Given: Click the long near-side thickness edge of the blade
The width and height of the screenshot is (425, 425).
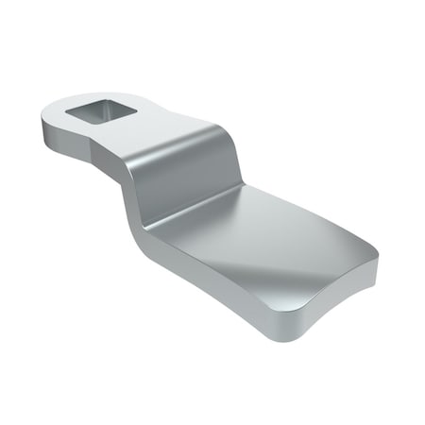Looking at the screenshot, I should [217, 293].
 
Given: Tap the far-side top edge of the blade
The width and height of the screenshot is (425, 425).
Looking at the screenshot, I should [312, 212].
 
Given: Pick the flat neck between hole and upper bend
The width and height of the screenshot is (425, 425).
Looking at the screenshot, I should [151, 132].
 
